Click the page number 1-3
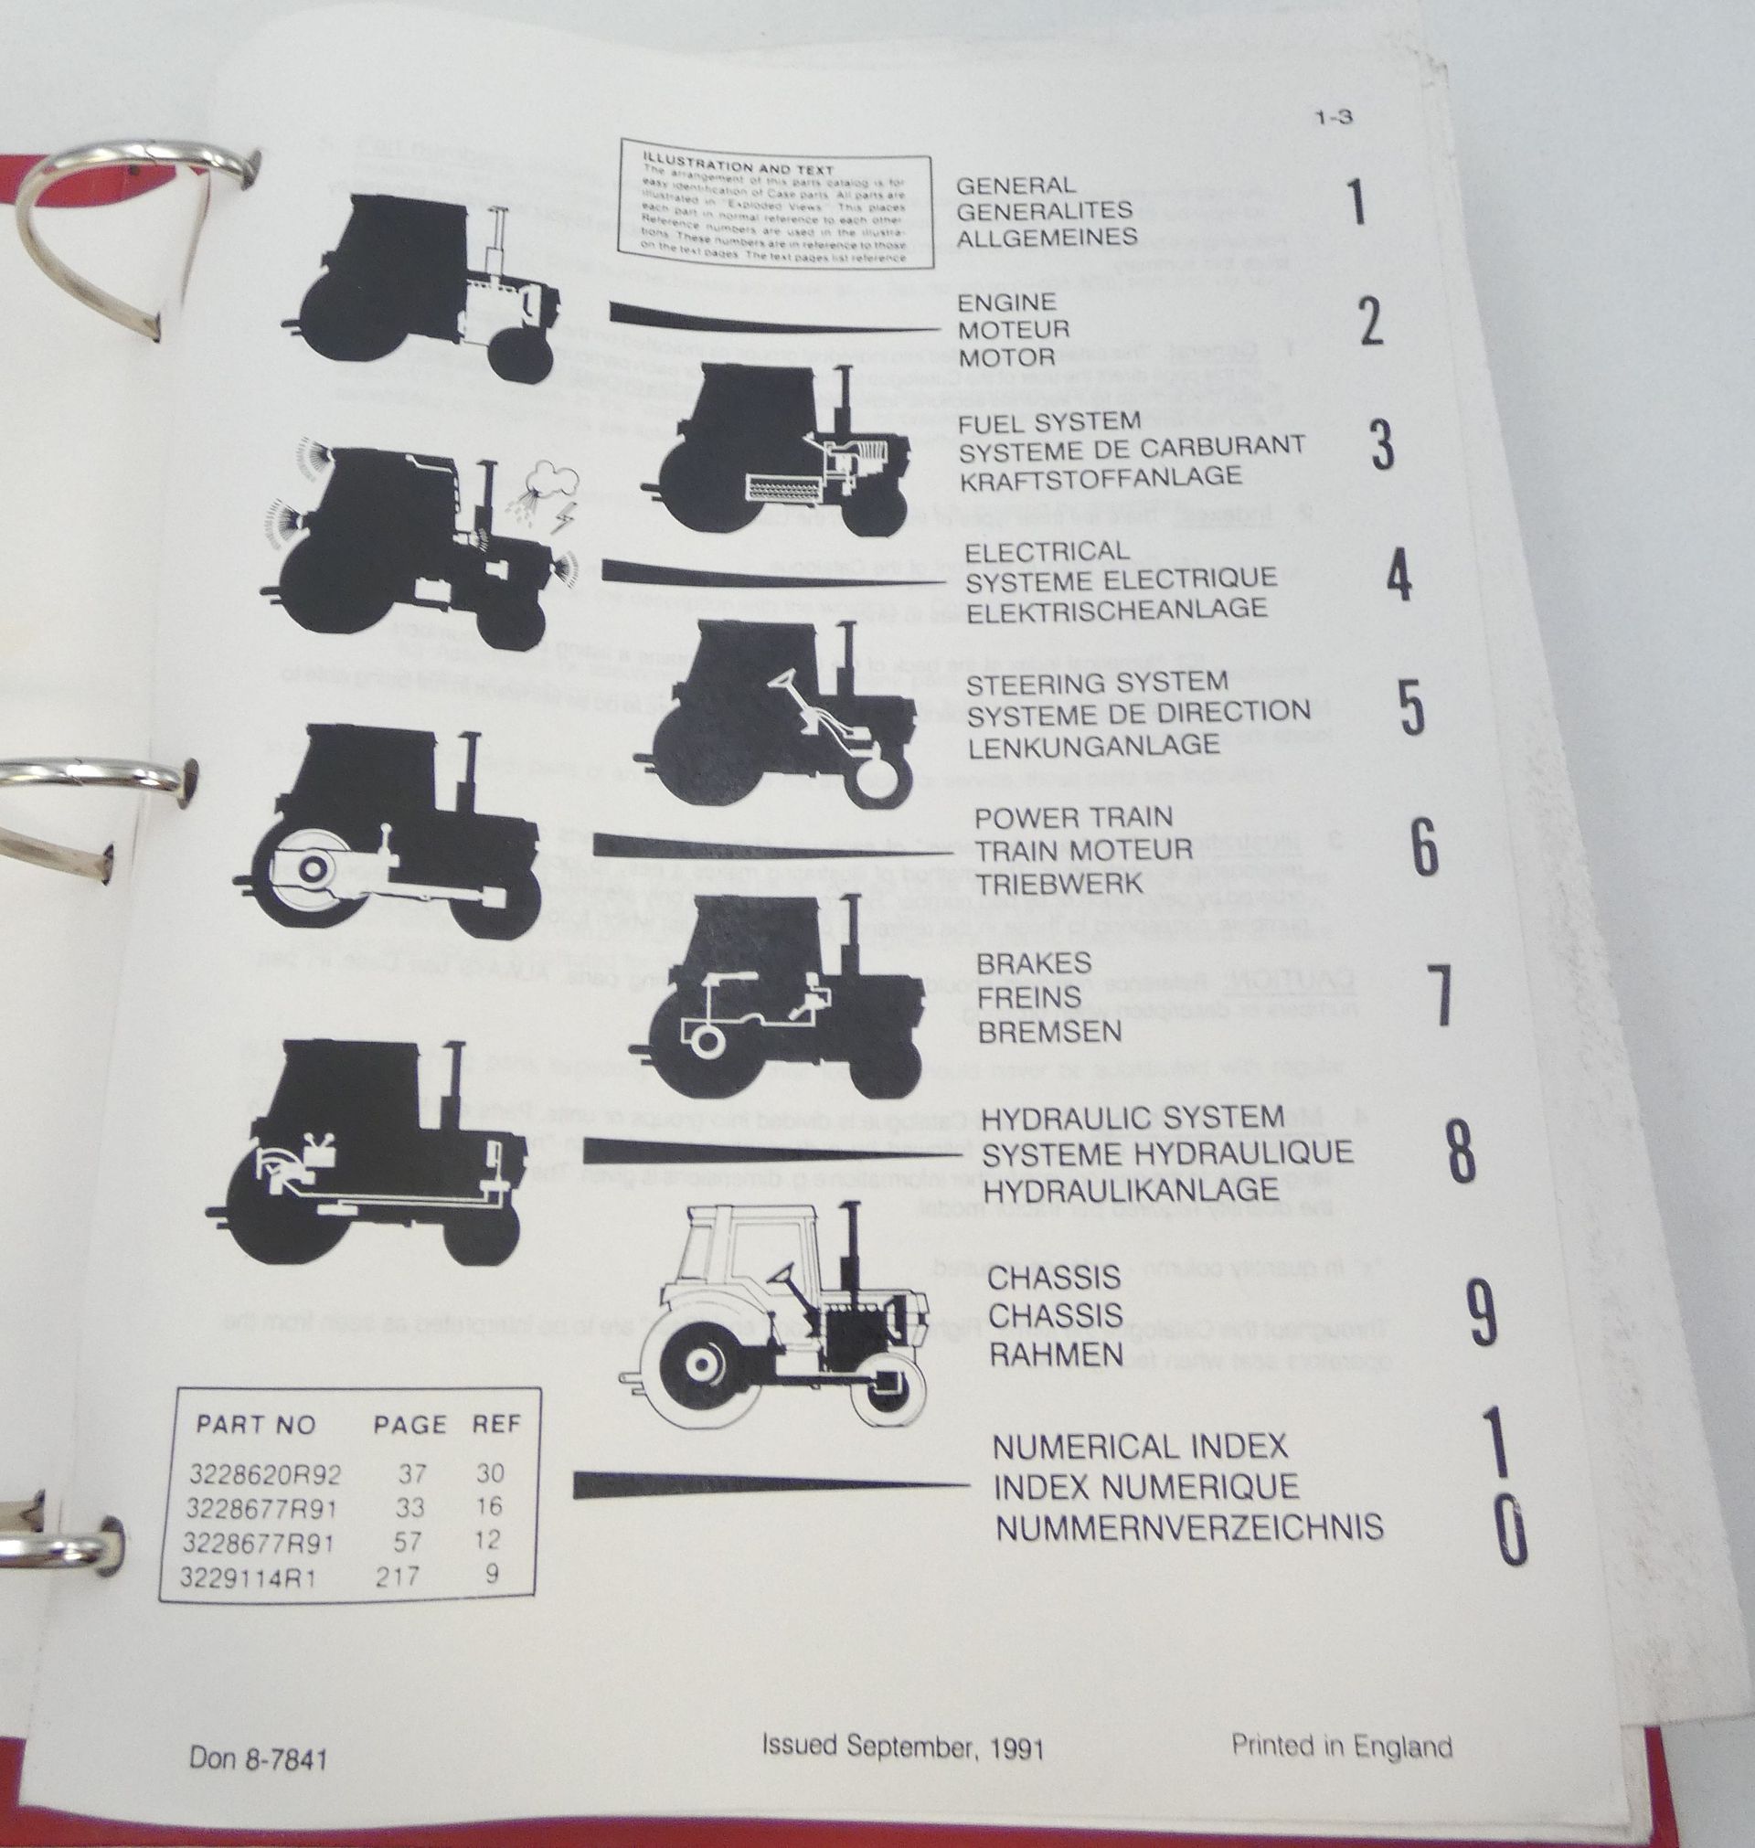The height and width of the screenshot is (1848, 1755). pyautogui.click(x=1333, y=118)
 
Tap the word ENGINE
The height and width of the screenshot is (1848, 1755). pyautogui.click(x=1005, y=303)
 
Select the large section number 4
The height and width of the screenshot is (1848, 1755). pyautogui.click(x=1398, y=577)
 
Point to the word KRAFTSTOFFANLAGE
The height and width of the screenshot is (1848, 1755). pyautogui.click(x=1101, y=478)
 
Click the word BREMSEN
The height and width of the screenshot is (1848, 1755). pyautogui.click(x=1049, y=1032)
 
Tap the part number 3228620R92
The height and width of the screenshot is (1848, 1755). pyautogui.click(x=265, y=1475)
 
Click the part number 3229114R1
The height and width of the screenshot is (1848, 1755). pyautogui.click(x=248, y=1578)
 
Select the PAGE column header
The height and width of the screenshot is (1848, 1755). pyautogui.click(x=409, y=1424)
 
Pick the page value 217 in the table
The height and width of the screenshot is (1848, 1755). pyautogui.click(x=397, y=1577)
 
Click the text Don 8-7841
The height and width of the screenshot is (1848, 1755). pyautogui.click(x=258, y=1758)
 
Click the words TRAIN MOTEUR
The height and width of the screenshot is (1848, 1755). pyautogui.click(x=1084, y=850)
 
